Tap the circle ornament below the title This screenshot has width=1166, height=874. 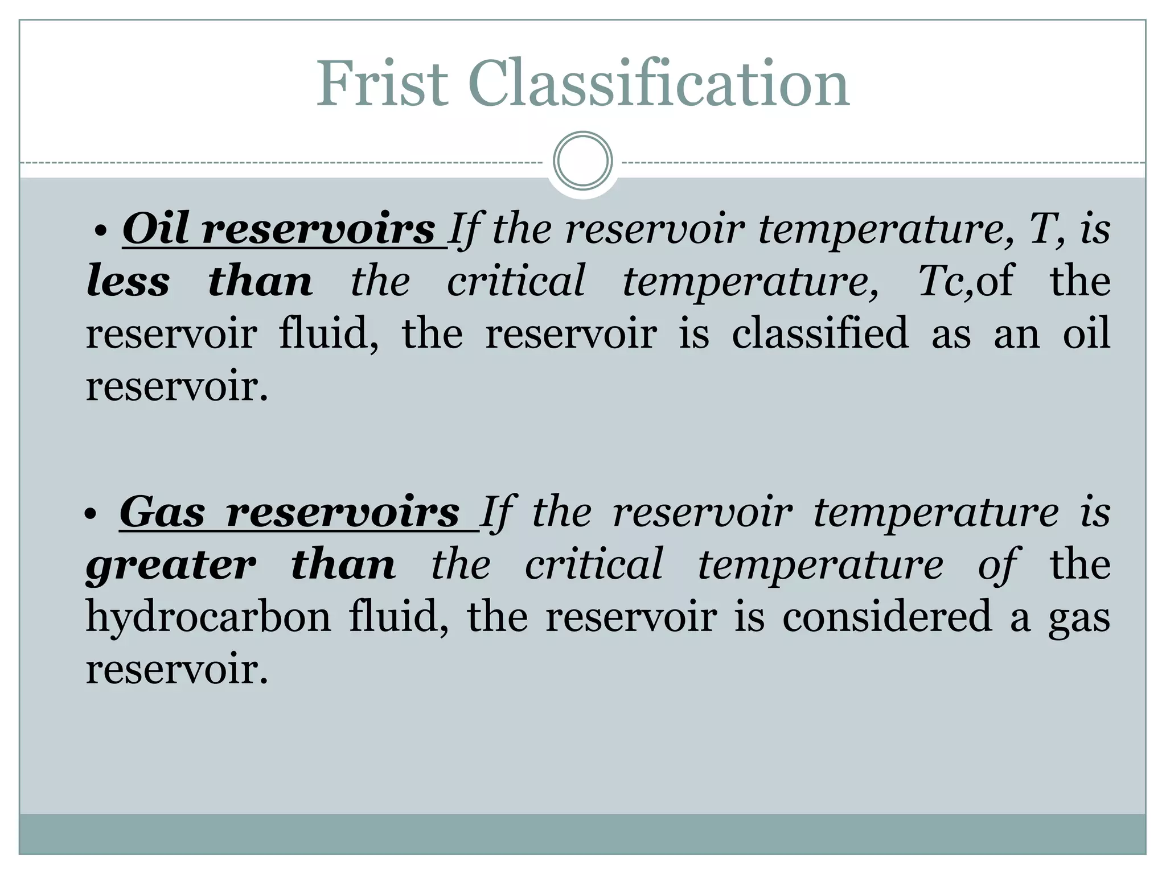(x=582, y=160)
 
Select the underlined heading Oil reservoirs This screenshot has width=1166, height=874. (x=279, y=229)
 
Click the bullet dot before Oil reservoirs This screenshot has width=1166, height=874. (x=101, y=232)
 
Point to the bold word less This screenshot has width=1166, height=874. (x=128, y=281)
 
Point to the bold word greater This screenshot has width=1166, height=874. (x=171, y=566)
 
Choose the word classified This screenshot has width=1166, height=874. (x=820, y=333)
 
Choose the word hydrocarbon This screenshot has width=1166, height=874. (x=208, y=617)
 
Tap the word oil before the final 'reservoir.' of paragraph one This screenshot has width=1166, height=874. (x=1086, y=333)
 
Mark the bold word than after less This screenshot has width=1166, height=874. (x=260, y=281)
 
